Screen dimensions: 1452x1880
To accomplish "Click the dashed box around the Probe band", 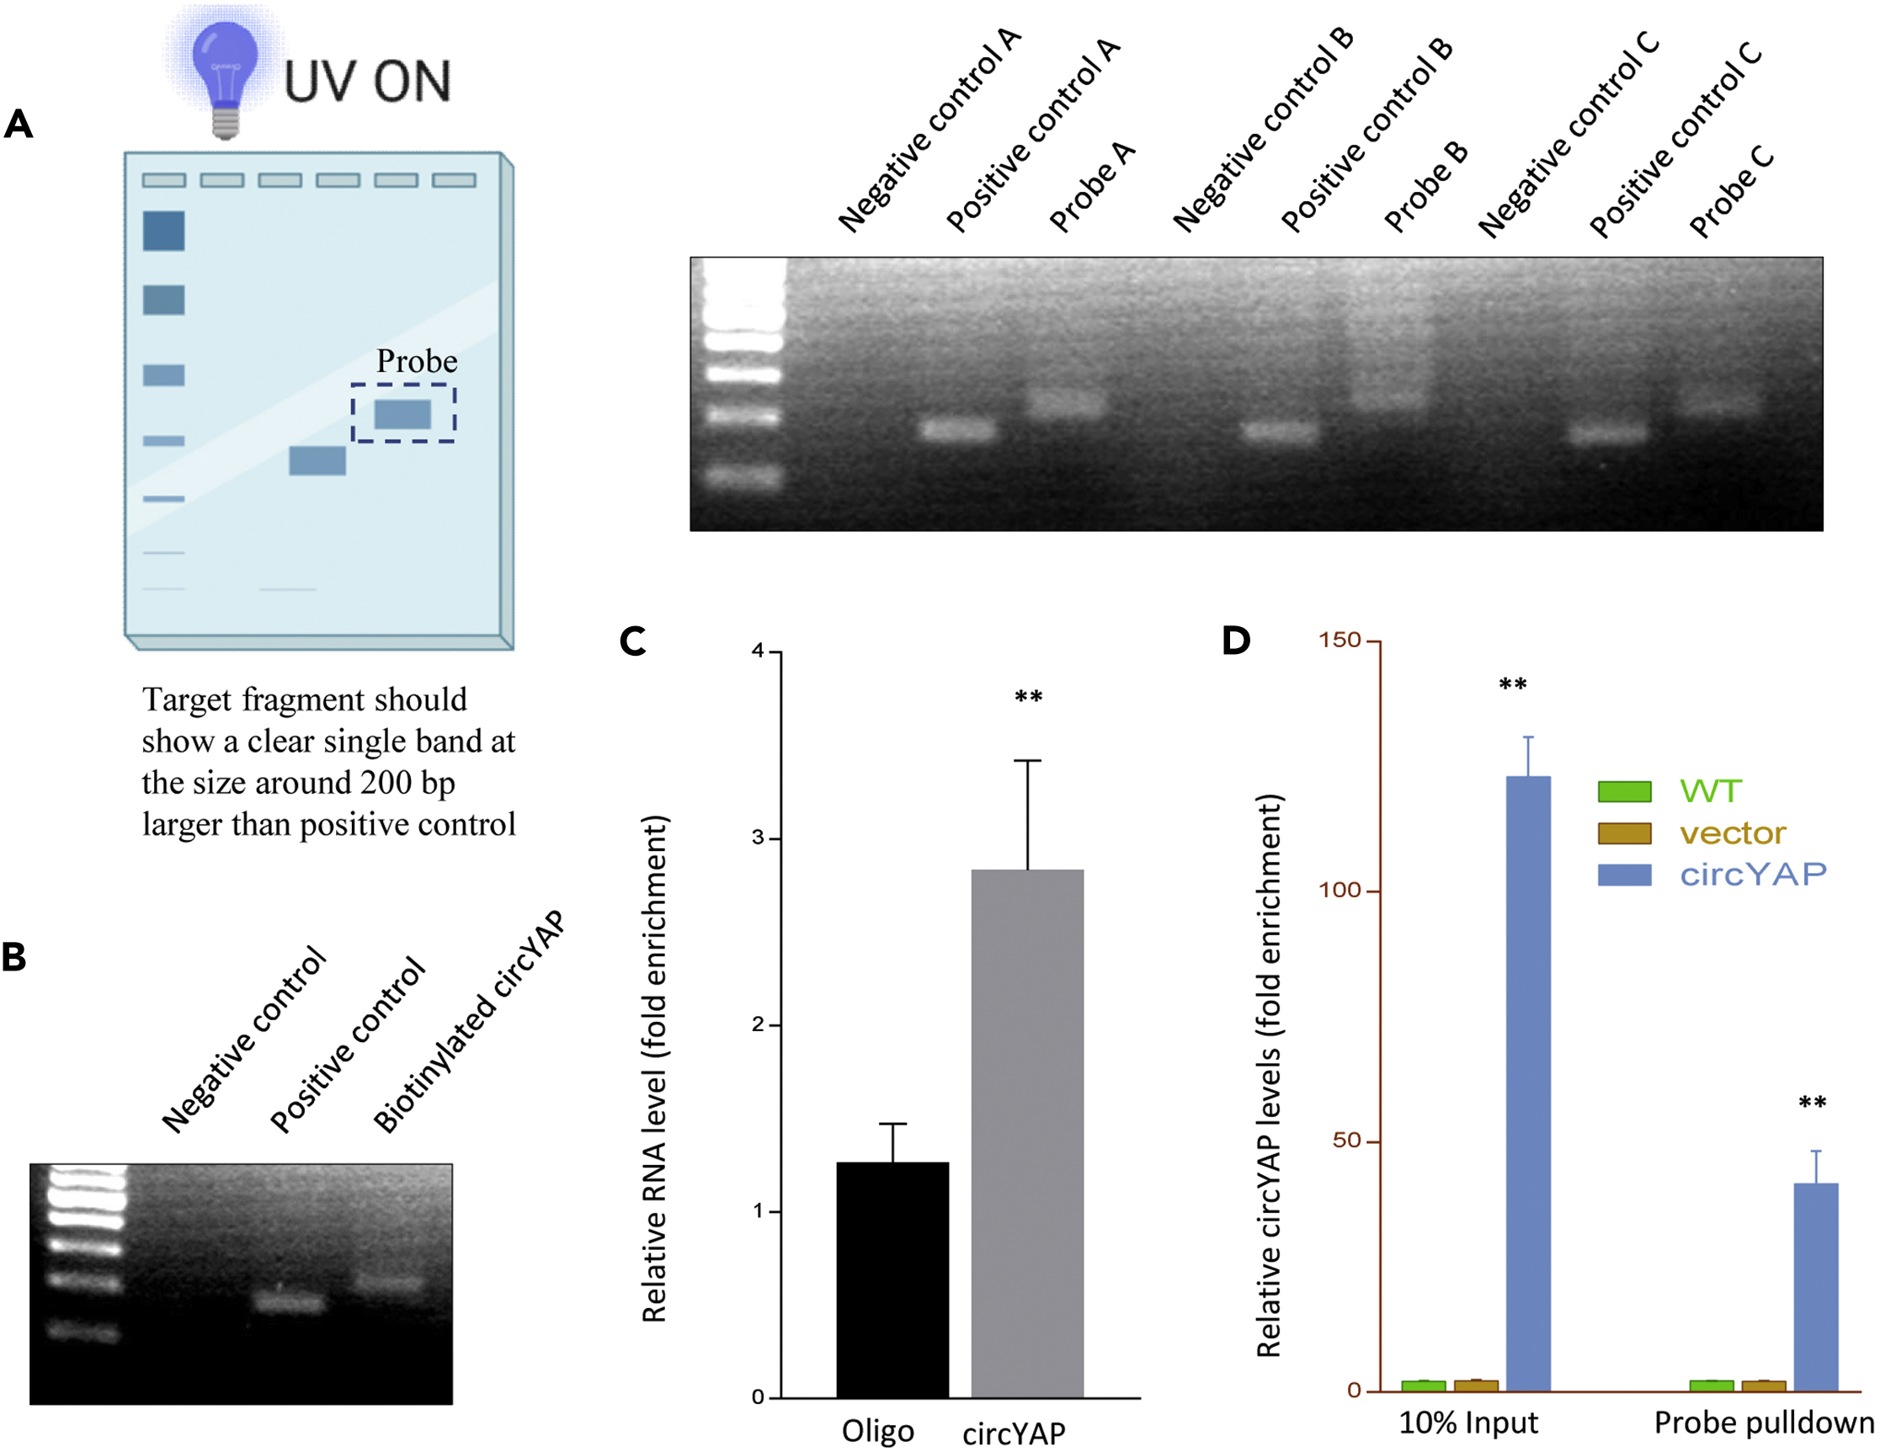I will (402, 413).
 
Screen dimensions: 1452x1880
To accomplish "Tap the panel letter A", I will (18, 125).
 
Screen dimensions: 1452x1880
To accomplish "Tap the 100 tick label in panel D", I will (1339, 890).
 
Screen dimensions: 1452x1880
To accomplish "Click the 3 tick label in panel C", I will (758, 838).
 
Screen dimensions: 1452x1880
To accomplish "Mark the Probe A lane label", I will (1091, 187).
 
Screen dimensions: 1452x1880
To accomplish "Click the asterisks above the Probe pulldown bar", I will (1812, 1104).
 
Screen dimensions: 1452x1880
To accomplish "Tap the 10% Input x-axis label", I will (1467, 1423).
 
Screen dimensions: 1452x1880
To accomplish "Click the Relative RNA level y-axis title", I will (655, 1067).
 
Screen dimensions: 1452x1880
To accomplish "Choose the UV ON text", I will (368, 82).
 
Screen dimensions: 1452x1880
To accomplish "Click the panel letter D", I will (1236, 641).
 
